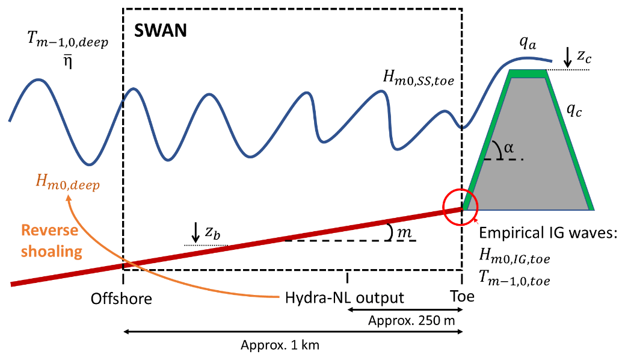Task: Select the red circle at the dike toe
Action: click(x=460, y=207)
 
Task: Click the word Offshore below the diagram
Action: click(x=122, y=298)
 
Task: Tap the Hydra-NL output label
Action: click(x=344, y=298)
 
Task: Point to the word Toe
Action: click(x=461, y=297)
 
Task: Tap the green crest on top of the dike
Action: click(x=528, y=73)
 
